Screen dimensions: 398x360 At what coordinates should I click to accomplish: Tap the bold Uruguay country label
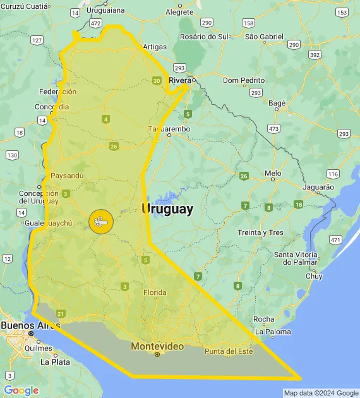[168, 209]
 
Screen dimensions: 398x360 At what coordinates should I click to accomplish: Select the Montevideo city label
[157, 346]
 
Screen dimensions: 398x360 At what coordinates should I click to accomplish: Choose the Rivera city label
[181, 80]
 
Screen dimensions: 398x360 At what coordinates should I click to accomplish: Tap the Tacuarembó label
[169, 129]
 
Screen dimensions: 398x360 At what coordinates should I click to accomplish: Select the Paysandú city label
[66, 176]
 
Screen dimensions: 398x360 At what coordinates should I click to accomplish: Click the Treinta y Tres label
[261, 232]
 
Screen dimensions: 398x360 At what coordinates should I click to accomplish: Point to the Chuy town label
[314, 276]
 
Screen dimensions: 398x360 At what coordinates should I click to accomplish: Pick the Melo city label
[273, 173]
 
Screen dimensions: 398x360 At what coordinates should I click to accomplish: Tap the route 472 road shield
[95, 23]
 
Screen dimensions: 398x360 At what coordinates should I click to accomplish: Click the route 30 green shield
[156, 80]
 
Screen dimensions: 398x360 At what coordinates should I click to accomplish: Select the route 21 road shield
[61, 313]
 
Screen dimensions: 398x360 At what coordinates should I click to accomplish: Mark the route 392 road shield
[314, 55]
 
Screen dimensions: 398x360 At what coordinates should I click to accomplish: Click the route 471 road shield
[335, 240]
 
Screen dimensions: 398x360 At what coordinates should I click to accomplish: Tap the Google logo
[21, 390]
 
